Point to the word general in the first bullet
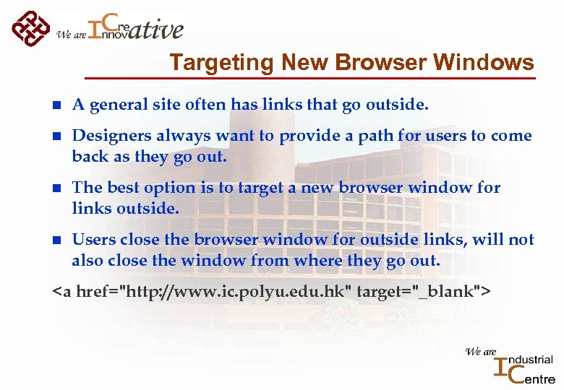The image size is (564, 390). (115, 105)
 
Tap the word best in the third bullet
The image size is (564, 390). (123, 188)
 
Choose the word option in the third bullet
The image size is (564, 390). (168, 188)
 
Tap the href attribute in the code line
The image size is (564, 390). (93, 292)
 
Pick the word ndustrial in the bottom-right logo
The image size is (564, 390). (532, 359)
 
